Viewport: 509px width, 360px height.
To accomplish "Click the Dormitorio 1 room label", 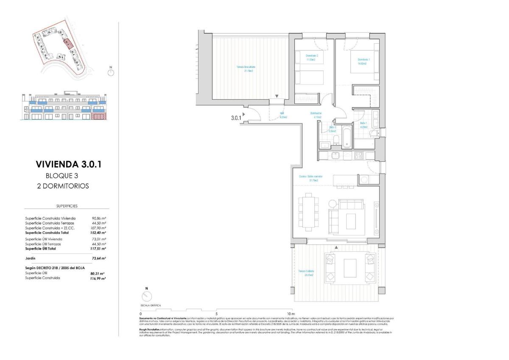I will pos(364,61).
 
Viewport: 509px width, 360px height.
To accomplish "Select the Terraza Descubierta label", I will pos(246,69).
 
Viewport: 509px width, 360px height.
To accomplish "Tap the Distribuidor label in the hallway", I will pos(316,115).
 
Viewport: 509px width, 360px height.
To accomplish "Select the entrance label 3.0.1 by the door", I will pos(236,118).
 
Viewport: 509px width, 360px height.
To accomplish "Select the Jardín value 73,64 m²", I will pos(99,258).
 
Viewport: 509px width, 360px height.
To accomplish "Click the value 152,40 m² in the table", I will pos(99,233).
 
